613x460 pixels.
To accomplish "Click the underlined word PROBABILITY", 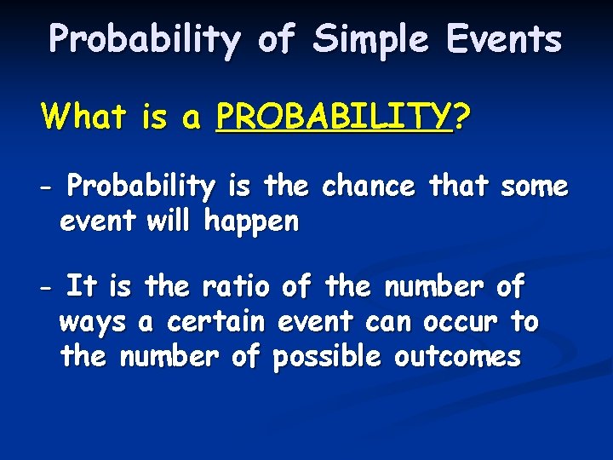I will [333, 116].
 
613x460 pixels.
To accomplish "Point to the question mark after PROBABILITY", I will [460, 116].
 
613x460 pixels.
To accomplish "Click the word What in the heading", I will [83, 116].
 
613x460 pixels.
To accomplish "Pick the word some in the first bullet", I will [534, 185].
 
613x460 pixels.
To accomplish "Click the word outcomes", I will [457, 356].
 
